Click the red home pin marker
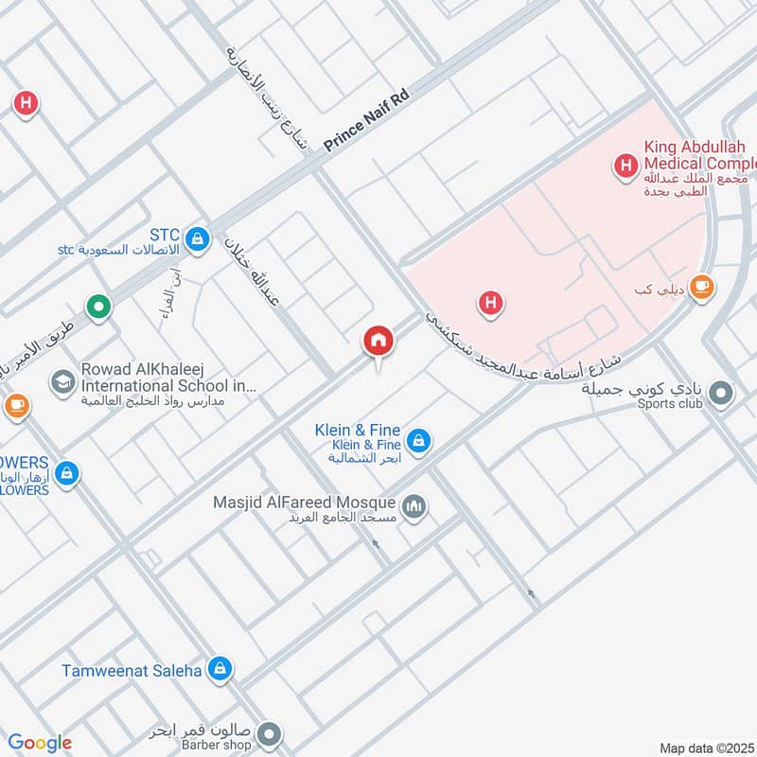[x=378, y=342]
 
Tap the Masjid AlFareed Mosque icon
[x=414, y=509]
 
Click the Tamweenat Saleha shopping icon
[x=220, y=670]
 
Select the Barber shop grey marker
[x=270, y=734]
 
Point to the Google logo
[x=40, y=743]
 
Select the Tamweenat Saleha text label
[x=132, y=671]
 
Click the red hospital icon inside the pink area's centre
[x=490, y=304]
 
